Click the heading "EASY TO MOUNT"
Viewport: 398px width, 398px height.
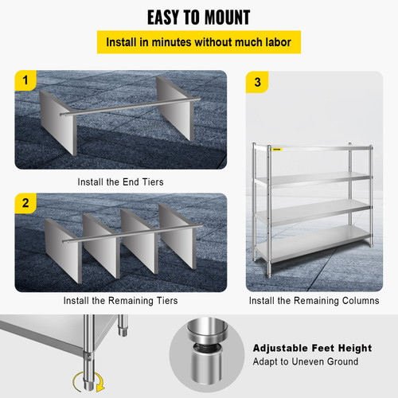[x=199, y=17]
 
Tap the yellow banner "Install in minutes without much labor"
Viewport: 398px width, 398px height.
[x=199, y=42]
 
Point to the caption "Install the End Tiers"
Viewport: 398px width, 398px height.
[x=121, y=181]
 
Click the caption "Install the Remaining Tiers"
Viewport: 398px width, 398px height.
[x=121, y=301]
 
